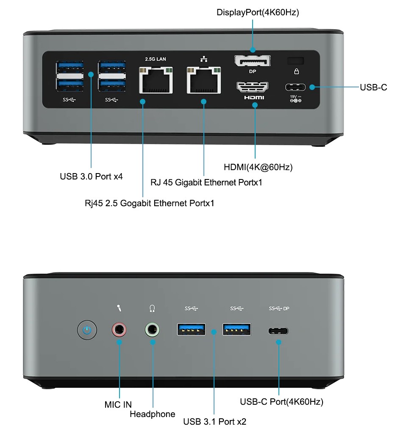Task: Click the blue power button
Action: [x=87, y=330]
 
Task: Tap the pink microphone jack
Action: [x=119, y=330]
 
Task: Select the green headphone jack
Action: [x=152, y=330]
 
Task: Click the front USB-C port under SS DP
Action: [x=278, y=331]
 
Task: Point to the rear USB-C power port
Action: [x=295, y=87]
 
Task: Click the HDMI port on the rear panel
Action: [x=252, y=87]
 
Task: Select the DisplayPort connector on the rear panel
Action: [x=252, y=61]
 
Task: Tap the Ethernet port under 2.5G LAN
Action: [x=156, y=80]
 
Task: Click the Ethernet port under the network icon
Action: [x=204, y=80]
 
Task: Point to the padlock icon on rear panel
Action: [x=296, y=71]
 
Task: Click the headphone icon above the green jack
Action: [x=152, y=308]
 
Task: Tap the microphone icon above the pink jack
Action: [x=119, y=308]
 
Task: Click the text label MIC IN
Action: [x=118, y=405]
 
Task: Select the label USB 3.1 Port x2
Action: [x=214, y=422]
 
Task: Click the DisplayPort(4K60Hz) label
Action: [x=258, y=12]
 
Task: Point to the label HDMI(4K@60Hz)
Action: [x=258, y=167]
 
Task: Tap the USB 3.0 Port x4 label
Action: [x=91, y=176]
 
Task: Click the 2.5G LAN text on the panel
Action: [x=156, y=59]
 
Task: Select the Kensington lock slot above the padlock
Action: [x=296, y=61]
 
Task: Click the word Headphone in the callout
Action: [x=152, y=414]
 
